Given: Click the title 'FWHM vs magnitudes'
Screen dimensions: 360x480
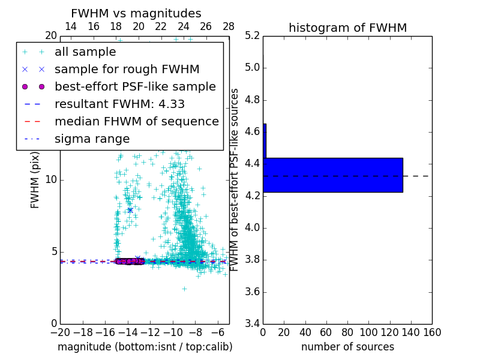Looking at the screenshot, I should point(136,13).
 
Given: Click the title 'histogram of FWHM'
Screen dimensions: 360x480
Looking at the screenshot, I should point(347,28).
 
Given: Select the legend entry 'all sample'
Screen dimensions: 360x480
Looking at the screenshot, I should point(85,52).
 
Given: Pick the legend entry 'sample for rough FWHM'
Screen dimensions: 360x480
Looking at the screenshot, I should point(127,69).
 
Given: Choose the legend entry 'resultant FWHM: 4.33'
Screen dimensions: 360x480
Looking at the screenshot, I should point(115,104).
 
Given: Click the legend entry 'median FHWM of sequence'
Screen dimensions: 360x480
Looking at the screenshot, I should point(136,121).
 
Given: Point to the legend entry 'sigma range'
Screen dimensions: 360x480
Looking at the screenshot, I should point(92,139).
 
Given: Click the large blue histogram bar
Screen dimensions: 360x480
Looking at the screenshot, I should point(334,175).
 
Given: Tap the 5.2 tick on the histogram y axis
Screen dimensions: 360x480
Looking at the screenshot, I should point(253,35).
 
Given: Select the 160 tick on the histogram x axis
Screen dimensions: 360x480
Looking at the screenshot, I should point(431,332).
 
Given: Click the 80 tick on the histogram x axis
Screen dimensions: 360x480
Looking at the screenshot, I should point(347,332).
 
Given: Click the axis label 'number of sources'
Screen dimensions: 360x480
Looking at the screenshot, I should point(347,347).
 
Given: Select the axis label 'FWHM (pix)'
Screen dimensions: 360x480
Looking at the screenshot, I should point(35,179).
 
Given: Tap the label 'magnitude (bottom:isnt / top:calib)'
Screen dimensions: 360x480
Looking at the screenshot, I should point(145,347).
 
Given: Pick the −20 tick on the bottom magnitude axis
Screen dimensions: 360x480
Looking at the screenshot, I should point(60,332).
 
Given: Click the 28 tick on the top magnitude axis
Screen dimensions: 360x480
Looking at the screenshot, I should point(229,27).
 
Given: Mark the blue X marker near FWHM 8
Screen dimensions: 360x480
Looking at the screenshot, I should point(130,210).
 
